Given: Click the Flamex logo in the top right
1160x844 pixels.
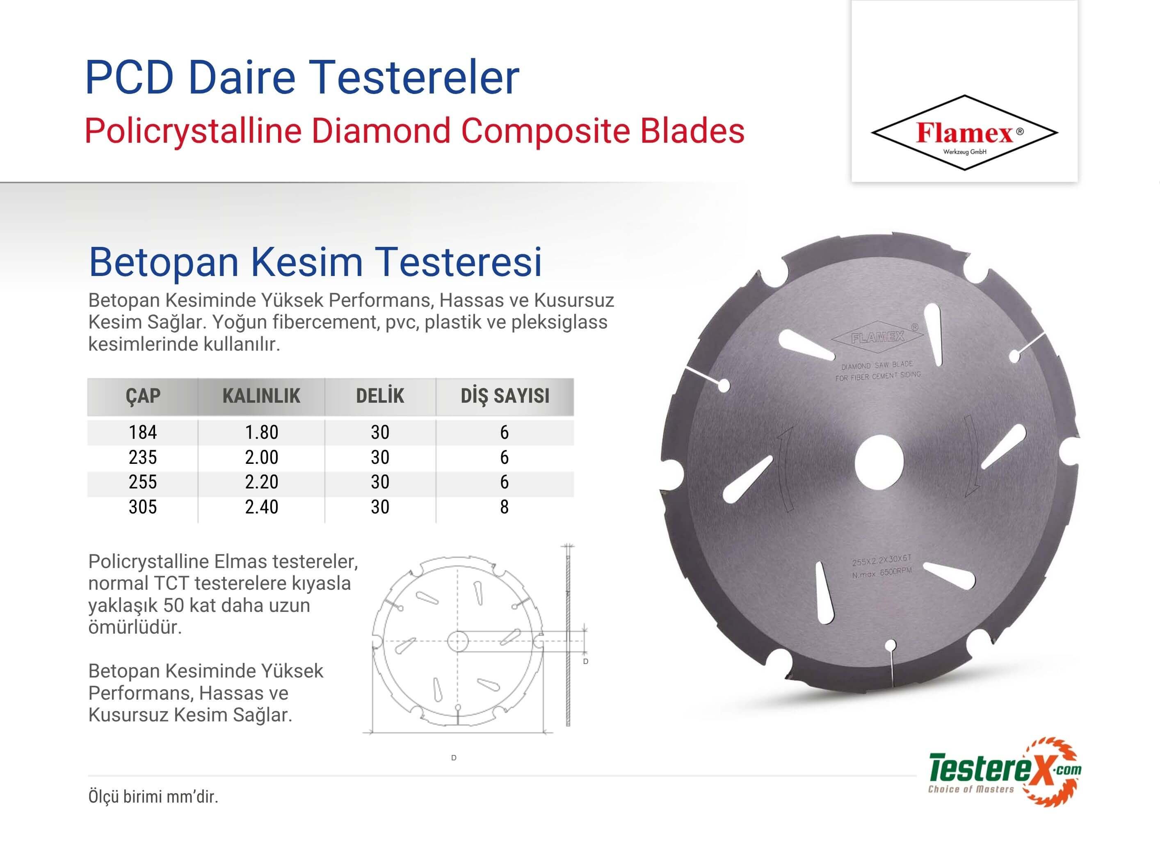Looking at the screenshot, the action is click(964, 132).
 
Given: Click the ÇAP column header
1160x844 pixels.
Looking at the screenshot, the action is click(143, 396).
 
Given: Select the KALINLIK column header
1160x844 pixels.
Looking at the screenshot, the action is click(261, 396).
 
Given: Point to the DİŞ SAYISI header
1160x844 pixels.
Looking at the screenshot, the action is click(505, 396).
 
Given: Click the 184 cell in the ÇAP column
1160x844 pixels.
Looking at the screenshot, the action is click(143, 432).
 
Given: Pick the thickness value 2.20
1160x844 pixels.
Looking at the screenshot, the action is click(261, 482).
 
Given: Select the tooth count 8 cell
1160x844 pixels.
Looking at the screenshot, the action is click(504, 507).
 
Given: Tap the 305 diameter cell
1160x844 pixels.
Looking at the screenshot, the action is click(143, 507).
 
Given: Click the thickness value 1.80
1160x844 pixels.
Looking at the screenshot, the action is click(261, 432).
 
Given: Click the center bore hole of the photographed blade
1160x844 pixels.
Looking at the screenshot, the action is click(878, 463).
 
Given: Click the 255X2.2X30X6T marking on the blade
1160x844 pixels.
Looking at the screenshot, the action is click(882, 561).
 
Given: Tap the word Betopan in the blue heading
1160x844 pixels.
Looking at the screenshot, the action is click(164, 262).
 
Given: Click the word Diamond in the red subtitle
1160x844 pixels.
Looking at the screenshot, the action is click(381, 131).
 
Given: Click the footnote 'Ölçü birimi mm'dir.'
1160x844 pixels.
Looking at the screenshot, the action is click(153, 797).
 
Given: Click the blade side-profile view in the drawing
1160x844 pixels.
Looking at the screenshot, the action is click(568, 635).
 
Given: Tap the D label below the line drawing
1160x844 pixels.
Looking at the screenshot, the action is click(454, 757).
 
